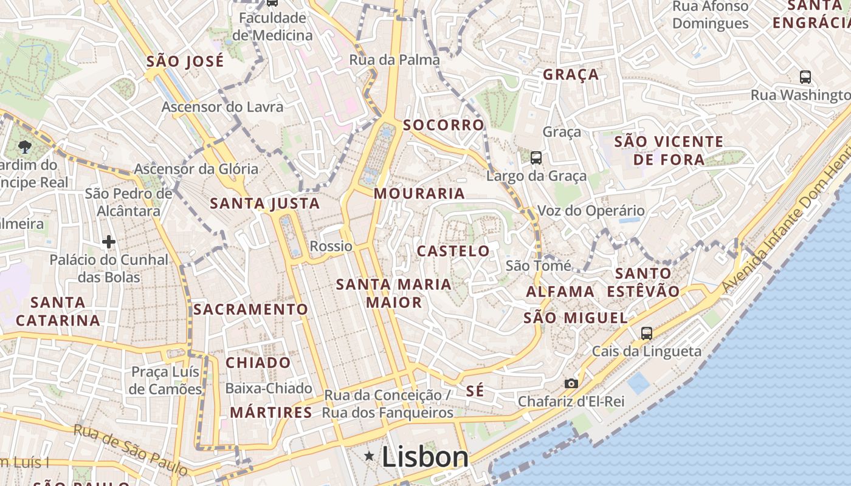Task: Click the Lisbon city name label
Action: tap(425, 457)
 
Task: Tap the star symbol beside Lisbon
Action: tap(369, 456)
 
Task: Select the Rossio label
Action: tap(331, 246)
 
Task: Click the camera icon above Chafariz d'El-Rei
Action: tap(571, 383)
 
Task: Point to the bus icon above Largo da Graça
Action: tap(536, 158)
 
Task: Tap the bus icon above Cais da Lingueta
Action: tap(646, 333)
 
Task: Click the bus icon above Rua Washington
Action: tap(805, 77)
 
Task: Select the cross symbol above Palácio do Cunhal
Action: tap(109, 242)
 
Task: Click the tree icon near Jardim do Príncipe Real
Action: tap(25, 146)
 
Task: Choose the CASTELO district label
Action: tap(453, 251)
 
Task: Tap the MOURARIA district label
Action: tap(419, 194)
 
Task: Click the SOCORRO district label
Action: tap(444, 125)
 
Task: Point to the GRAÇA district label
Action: tap(571, 75)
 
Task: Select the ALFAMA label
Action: tap(560, 292)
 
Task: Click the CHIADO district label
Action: tap(258, 363)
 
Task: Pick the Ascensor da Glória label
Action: tap(196, 169)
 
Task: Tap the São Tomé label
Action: tap(539, 265)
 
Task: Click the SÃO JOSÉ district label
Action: tap(185, 61)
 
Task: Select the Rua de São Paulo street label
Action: tap(131, 450)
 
